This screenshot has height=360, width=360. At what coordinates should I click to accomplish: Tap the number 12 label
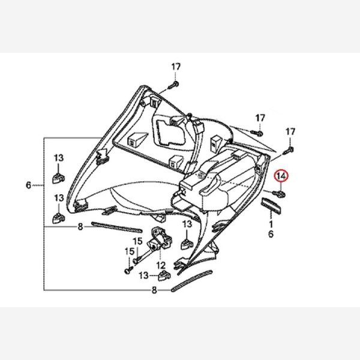[x=161, y=265]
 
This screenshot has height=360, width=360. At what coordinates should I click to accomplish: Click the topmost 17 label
[x=175, y=66]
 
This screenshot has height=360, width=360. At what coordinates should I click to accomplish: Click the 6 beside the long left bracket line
[x=28, y=185]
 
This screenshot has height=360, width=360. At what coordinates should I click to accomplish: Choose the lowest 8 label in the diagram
[x=154, y=291]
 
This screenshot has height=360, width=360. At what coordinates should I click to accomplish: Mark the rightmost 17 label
[x=290, y=131]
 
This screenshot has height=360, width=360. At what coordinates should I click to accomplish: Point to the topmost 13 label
[x=59, y=157]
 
